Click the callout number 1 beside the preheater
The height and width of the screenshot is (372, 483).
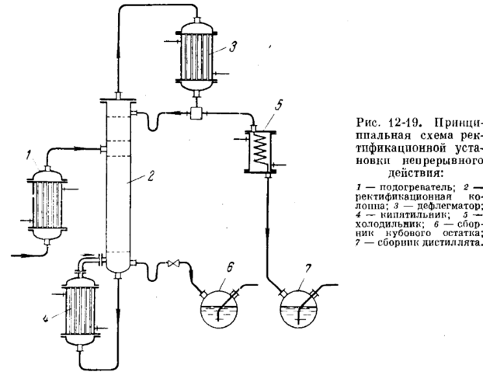click(29, 155)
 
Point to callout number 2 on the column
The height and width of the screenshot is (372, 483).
click(150, 176)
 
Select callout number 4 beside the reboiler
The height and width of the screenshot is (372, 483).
click(45, 318)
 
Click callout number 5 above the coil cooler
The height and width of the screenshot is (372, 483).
click(279, 105)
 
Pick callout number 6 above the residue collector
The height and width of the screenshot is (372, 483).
click(231, 267)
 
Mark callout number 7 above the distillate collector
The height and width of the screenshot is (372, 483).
click(308, 269)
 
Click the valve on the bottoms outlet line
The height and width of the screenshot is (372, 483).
click(173, 263)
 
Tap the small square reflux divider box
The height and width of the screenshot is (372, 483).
click(196, 113)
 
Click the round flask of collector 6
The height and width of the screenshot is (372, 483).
click(219, 310)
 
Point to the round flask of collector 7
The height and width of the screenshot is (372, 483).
click(300, 310)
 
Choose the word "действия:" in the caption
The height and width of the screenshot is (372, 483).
click(415, 174)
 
